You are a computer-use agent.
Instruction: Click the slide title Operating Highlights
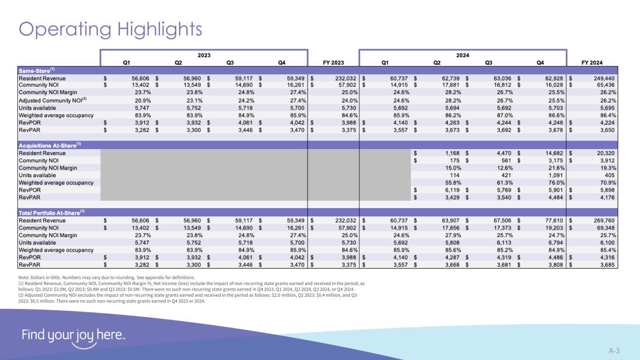pos(110,29)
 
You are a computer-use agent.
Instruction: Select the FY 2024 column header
pos(592,62)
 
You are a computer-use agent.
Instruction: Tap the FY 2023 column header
pos(333,62)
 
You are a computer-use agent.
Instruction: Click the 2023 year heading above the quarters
pos(204,55)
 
